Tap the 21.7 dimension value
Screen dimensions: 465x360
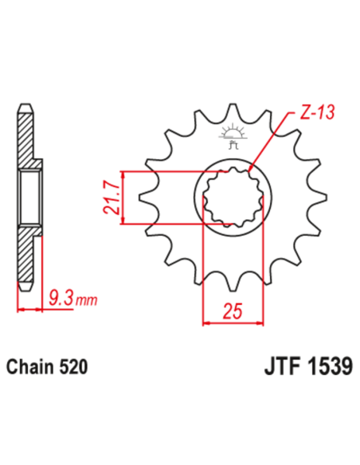tap(111, 198)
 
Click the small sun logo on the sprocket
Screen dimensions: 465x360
tap(233, 129)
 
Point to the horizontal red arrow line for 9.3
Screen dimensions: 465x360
tap(30, 310)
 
